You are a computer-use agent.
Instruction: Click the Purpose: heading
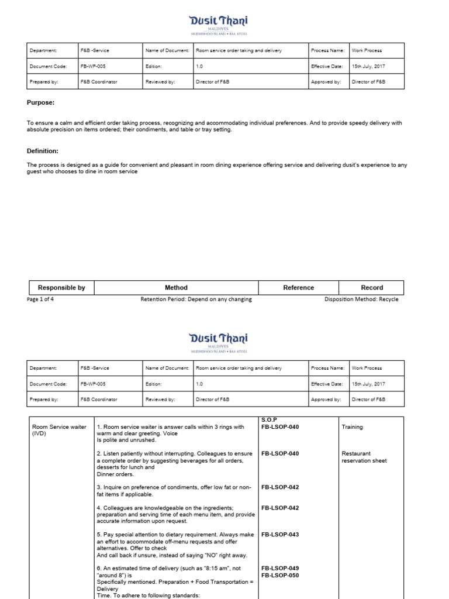point(40,102)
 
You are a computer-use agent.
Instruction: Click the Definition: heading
point(43,151)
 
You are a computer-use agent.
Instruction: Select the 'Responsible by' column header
point(61,288)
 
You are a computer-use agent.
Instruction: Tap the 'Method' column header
point(176,288)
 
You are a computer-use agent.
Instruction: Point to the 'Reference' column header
point(299,288)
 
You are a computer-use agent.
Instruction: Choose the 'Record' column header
point(372,288)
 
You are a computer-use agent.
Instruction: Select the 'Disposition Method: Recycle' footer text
point(361,299)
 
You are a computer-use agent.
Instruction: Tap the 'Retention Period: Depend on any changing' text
point(196,299)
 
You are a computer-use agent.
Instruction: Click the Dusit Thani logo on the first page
point(219,23)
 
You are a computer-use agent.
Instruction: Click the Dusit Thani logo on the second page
point(219,341)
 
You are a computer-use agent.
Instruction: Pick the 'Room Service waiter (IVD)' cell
point(58,430)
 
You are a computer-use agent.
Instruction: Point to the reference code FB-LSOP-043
point(280,535)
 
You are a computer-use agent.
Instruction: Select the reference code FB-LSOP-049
point(280,568)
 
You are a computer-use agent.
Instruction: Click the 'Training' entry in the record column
point(352,427)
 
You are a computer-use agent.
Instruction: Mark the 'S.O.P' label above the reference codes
point(268,419)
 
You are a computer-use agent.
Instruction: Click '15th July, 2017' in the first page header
point(368,67)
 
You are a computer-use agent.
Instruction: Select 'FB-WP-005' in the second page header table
point(93,384)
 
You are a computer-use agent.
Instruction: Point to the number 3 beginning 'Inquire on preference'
point(98,487)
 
